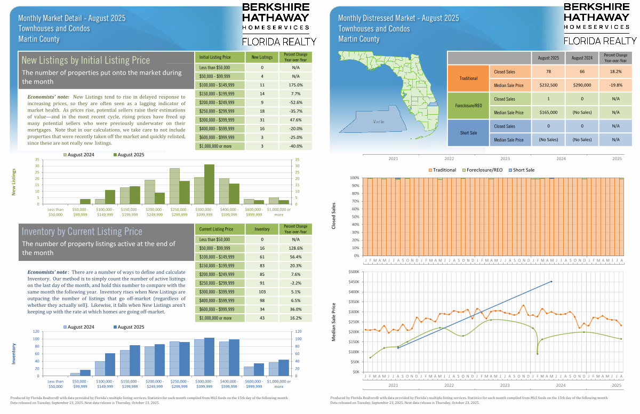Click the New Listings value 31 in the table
tap(262, 120)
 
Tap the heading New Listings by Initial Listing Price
tap(86, 60)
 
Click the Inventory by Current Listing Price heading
tap(82, 232)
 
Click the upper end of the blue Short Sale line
tap(551, 281)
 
